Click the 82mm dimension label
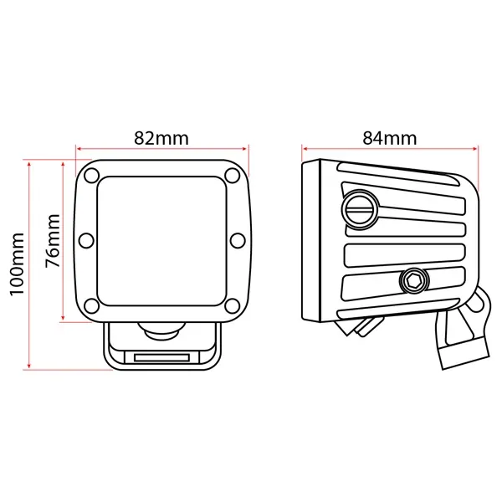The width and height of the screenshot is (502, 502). pos(161,138)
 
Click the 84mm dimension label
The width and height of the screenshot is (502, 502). pos(390,138)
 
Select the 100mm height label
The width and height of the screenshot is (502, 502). pos(17,264)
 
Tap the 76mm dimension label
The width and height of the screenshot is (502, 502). pos(53,241)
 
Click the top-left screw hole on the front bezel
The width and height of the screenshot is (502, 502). pos(91,176)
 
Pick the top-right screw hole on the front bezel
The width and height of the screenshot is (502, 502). pos(232,176)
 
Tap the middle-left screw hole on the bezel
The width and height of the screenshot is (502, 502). pos(86,240)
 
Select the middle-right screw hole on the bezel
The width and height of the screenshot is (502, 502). pos(238,240)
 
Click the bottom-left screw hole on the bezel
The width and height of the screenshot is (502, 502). pos(91,305)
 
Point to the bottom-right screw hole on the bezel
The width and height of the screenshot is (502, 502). pos(232,305)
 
